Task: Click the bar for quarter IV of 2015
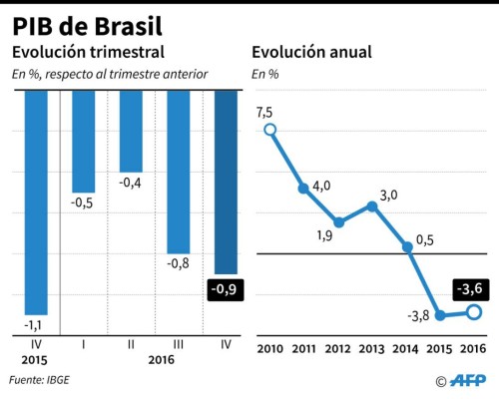tap(36, 199)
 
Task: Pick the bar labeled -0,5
tap(83, 140)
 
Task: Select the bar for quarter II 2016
tap(132, 130)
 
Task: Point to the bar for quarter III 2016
tap(179, 170)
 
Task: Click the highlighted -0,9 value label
tap(227, 291)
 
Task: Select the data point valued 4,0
tap(303, 189)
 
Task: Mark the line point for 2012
tap(338, 222)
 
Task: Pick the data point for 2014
tap(406, 246)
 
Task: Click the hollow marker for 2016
tap(474, 312)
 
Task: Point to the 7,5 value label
tap(264, 112)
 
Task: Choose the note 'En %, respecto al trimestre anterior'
tap(110, 74)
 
